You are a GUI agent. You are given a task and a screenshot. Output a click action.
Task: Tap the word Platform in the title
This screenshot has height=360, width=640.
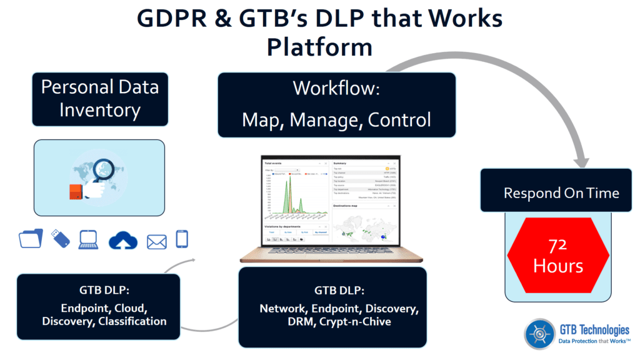[x=319, y=47]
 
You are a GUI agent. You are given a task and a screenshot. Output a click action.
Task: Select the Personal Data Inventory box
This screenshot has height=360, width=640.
[x=100, y=98]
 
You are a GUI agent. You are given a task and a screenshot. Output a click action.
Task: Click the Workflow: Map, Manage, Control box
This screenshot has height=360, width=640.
[x=336, y=104]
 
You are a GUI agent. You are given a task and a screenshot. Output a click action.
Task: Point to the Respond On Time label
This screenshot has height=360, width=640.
[x=561, y=193]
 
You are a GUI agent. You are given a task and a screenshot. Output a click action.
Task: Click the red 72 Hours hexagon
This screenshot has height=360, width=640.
[x=557, y=256]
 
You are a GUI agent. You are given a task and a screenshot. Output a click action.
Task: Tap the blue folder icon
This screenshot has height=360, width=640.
[x=31, y=239]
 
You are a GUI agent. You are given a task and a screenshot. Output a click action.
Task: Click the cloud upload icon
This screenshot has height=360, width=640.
[x=122, y=241]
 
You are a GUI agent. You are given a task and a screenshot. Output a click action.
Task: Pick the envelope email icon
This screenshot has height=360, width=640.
[x=156, y=241]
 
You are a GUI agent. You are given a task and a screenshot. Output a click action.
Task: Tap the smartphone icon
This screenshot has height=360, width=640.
[x=182, y=239]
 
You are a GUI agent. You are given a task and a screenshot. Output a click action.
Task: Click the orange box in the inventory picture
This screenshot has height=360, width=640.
[x=76, y=192]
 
